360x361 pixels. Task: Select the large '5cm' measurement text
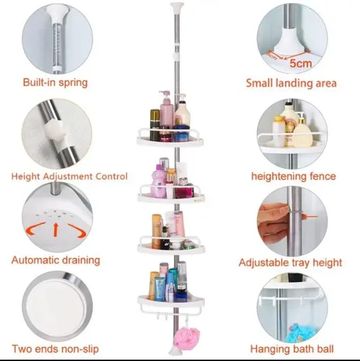point(300,64)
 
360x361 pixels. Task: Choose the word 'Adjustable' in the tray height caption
point(264,263)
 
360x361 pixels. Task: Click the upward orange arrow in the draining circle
point(56,230)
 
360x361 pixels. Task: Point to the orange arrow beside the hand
point(310,217)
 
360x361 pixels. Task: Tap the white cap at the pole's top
point(175,6)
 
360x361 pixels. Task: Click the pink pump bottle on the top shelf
point(167,112)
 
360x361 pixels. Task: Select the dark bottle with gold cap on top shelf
point(155,125)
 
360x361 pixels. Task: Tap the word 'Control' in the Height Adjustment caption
point(111,176)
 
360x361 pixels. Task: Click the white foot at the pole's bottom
point(174,352)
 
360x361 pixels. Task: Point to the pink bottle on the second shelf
point(158,181)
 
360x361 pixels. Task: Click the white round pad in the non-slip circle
point(56,308)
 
